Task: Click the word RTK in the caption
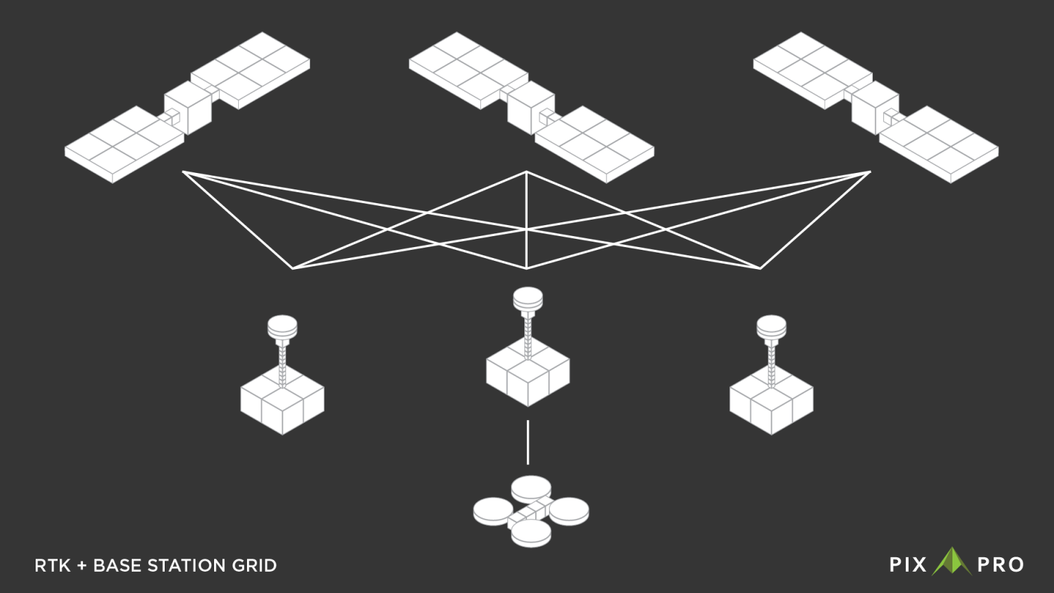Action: click(52, 566)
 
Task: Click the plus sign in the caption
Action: click(82, 566)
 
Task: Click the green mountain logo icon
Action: click(952, 561)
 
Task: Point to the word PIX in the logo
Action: click(908, 565)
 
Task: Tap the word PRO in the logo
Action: click(1000, 565)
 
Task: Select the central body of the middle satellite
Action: click(530, 108)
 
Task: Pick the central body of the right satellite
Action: click(875, 108)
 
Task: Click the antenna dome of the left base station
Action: click(282, 327)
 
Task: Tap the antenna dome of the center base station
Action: click(528, 299)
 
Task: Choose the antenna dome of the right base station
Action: click(771, 327)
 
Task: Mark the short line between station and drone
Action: click(528, 443)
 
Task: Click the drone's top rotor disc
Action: click(531, 489)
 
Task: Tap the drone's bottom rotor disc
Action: click(531, 533)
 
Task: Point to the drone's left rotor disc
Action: click(493, 511)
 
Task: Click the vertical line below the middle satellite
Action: click(526, 220)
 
